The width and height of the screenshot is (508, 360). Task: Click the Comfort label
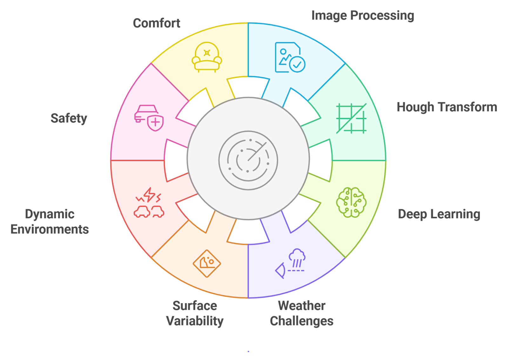click(x=157, y=23)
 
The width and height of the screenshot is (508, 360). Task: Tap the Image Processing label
click(x=363, y=16)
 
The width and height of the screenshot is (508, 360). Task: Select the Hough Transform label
click(x=447, y=107)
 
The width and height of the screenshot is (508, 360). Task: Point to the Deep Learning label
click(x=439, y=214)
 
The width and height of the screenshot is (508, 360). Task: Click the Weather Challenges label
click(x=302, y=313)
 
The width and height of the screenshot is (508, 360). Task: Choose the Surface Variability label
click(x=195, y=313)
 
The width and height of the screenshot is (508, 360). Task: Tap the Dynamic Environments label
click(x=50, y=222)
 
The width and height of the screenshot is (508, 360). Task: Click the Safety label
click(x=69, y=118)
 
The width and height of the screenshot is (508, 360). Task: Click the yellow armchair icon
click(x=207, y=57)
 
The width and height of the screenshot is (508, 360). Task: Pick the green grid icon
click(x=351, y=118)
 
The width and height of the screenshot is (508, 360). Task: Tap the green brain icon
click(x=351, y=202)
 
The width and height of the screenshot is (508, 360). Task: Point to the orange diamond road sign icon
click(x=207, y=263)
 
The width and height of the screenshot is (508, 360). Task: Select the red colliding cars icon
click(x=149, y=203)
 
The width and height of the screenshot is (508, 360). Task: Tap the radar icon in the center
click(x=248, y=160)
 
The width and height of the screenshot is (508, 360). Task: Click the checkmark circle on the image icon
click(x=297, y=65)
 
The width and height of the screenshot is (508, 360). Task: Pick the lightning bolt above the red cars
click(x=149, y=195)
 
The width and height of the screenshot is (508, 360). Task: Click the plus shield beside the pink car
click(x=156, y=123)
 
